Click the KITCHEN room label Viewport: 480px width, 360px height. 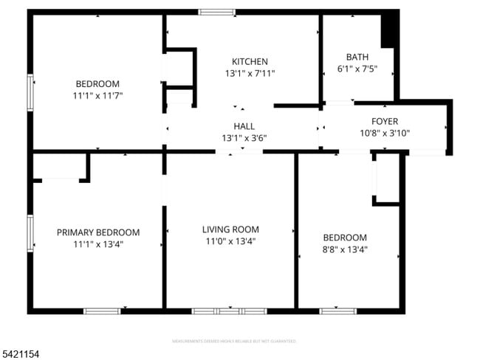[250, 61]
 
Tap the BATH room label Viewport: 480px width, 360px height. [357, 57]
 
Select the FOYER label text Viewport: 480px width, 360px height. [384, 121]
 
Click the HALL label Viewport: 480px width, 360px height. [244, 126]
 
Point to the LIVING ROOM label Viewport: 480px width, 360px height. [230, 229]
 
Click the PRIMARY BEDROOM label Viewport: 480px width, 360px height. [97, 232]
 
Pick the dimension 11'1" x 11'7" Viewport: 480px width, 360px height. [97, 96]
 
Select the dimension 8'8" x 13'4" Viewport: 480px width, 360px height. [345, 249]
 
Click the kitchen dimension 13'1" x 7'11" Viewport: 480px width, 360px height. [250, 73]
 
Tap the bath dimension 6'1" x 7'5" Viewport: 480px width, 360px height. [357, 69]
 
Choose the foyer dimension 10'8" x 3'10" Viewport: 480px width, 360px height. [384, 134]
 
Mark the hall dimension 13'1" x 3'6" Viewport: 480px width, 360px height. [244, 138]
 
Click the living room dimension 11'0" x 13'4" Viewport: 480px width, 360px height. [230, 241]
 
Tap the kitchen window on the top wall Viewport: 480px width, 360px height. [217, 12]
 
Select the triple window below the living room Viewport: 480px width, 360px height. [229, 311]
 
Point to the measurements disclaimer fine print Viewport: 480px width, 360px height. [234, 342]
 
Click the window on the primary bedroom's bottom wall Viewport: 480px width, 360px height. [102, 311]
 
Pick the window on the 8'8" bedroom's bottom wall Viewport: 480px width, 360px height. [337, 311]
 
